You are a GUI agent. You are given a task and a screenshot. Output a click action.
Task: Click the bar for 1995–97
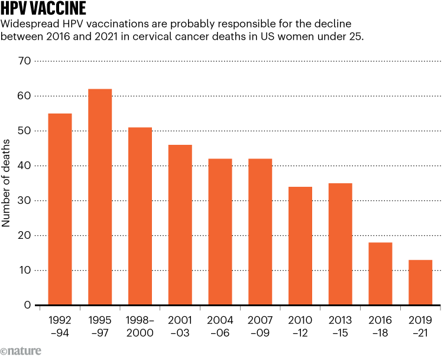click(100, 197)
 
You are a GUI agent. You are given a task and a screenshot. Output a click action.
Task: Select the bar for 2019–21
click(420, 283)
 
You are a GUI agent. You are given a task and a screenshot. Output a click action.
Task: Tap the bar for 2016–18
click(380, 274)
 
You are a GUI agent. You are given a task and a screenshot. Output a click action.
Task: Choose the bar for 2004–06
click(220, 232)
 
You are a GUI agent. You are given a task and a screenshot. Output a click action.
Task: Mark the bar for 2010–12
click(300, 246)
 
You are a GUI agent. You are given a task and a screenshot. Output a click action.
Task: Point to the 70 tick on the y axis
click(25, 61)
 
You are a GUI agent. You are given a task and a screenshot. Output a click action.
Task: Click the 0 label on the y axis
click(27, 306)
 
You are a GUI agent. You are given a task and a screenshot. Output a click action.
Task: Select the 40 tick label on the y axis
click(25, 166)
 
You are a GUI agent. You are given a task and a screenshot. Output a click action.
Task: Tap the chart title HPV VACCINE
click(44, 9)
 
